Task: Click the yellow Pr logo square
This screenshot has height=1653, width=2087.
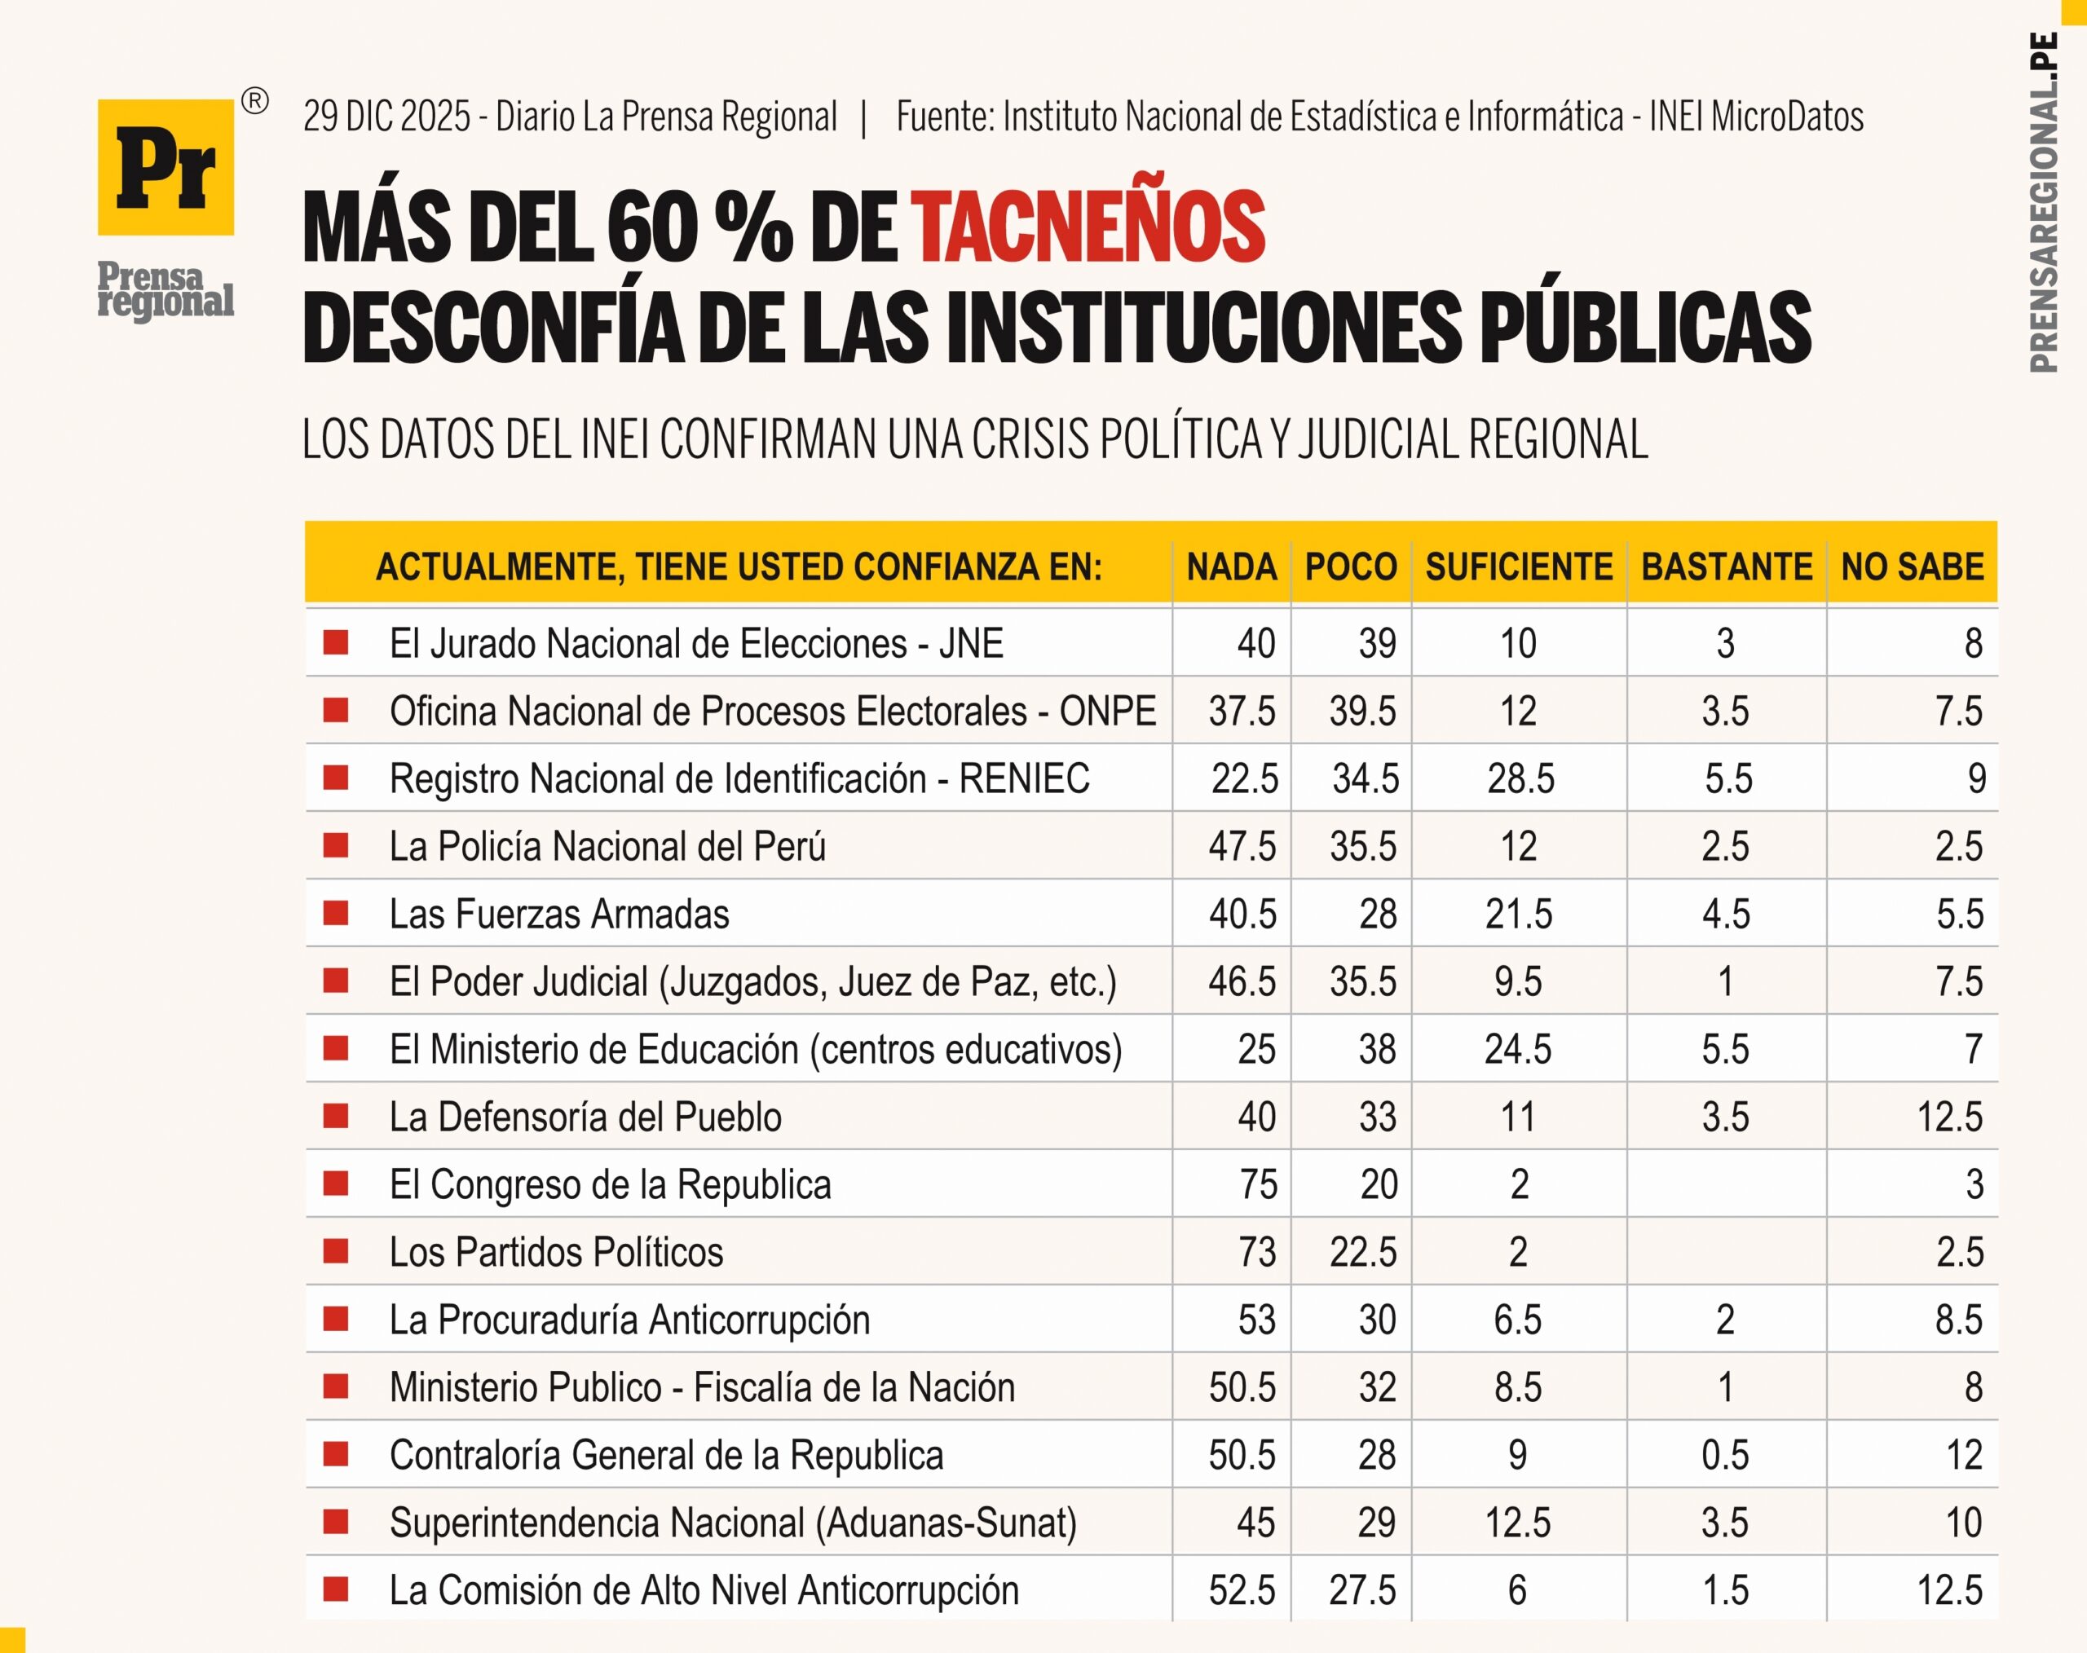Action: (165, 166)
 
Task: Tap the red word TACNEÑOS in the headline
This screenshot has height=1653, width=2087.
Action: (1090, 228)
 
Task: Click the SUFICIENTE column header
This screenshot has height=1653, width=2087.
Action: (1519, 566)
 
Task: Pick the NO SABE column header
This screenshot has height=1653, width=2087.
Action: (1912, 566)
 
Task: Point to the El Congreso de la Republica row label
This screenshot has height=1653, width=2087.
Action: (610, 1184)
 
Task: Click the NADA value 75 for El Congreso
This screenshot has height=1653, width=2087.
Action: (1257, 1184)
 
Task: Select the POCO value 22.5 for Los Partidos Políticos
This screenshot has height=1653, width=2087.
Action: (1362, 1252)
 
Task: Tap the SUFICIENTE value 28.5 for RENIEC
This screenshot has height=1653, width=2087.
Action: (1520, 779)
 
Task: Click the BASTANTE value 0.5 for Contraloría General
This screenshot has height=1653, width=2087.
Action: (1725, 1456)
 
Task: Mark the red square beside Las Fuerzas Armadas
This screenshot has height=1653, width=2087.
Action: (336, 913)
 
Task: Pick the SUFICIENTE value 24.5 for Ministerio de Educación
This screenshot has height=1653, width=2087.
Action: (1517, 1049)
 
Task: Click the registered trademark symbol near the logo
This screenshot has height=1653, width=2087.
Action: (254, 100)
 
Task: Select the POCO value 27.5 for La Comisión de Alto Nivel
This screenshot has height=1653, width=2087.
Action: (1362, 1590)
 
